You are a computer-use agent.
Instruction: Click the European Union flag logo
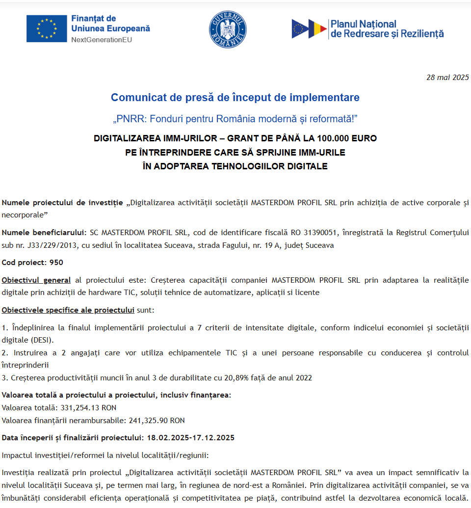click(x=47, y=28)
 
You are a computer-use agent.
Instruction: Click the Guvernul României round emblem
click(x=228, y=29)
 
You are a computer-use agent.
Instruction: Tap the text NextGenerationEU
click(x=102, y=39)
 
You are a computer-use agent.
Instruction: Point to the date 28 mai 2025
click(x=447, y=77)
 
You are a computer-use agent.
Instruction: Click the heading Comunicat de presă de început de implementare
click(x=235, y=97)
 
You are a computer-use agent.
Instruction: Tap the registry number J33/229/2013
click(x=44, y=245)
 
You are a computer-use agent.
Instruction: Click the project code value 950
click(x=56, y=263)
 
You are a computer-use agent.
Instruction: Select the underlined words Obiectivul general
click(x=36, y=280)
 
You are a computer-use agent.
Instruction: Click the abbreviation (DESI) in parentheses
click(x=42, y=340)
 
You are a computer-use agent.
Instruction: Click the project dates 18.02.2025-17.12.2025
click(x=190, y=438)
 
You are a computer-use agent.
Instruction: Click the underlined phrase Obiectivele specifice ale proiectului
click(x=68, y=310)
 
